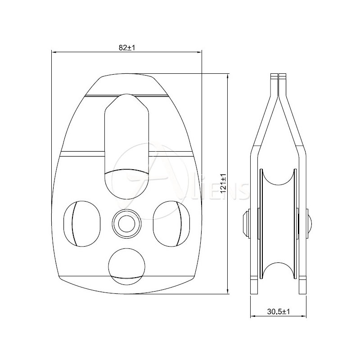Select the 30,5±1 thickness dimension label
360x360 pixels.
(278, 311)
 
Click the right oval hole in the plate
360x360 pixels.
(171, 223)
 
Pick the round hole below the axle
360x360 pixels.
(126, 266)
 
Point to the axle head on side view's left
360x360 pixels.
(246, 223)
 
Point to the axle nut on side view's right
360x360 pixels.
(310, 223)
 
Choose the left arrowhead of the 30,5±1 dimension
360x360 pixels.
(252, 317)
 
